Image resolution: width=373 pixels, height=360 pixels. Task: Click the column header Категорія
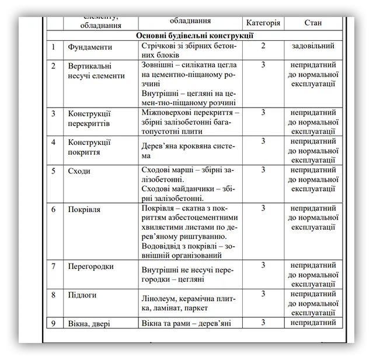click(263, 23)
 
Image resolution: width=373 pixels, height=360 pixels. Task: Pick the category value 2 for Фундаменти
click(263, 46)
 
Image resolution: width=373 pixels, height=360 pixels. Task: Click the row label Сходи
click(79, 171)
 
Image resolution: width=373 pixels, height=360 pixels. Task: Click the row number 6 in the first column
click(54, 209)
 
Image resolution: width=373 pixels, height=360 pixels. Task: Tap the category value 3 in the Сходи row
click(263, 170)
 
